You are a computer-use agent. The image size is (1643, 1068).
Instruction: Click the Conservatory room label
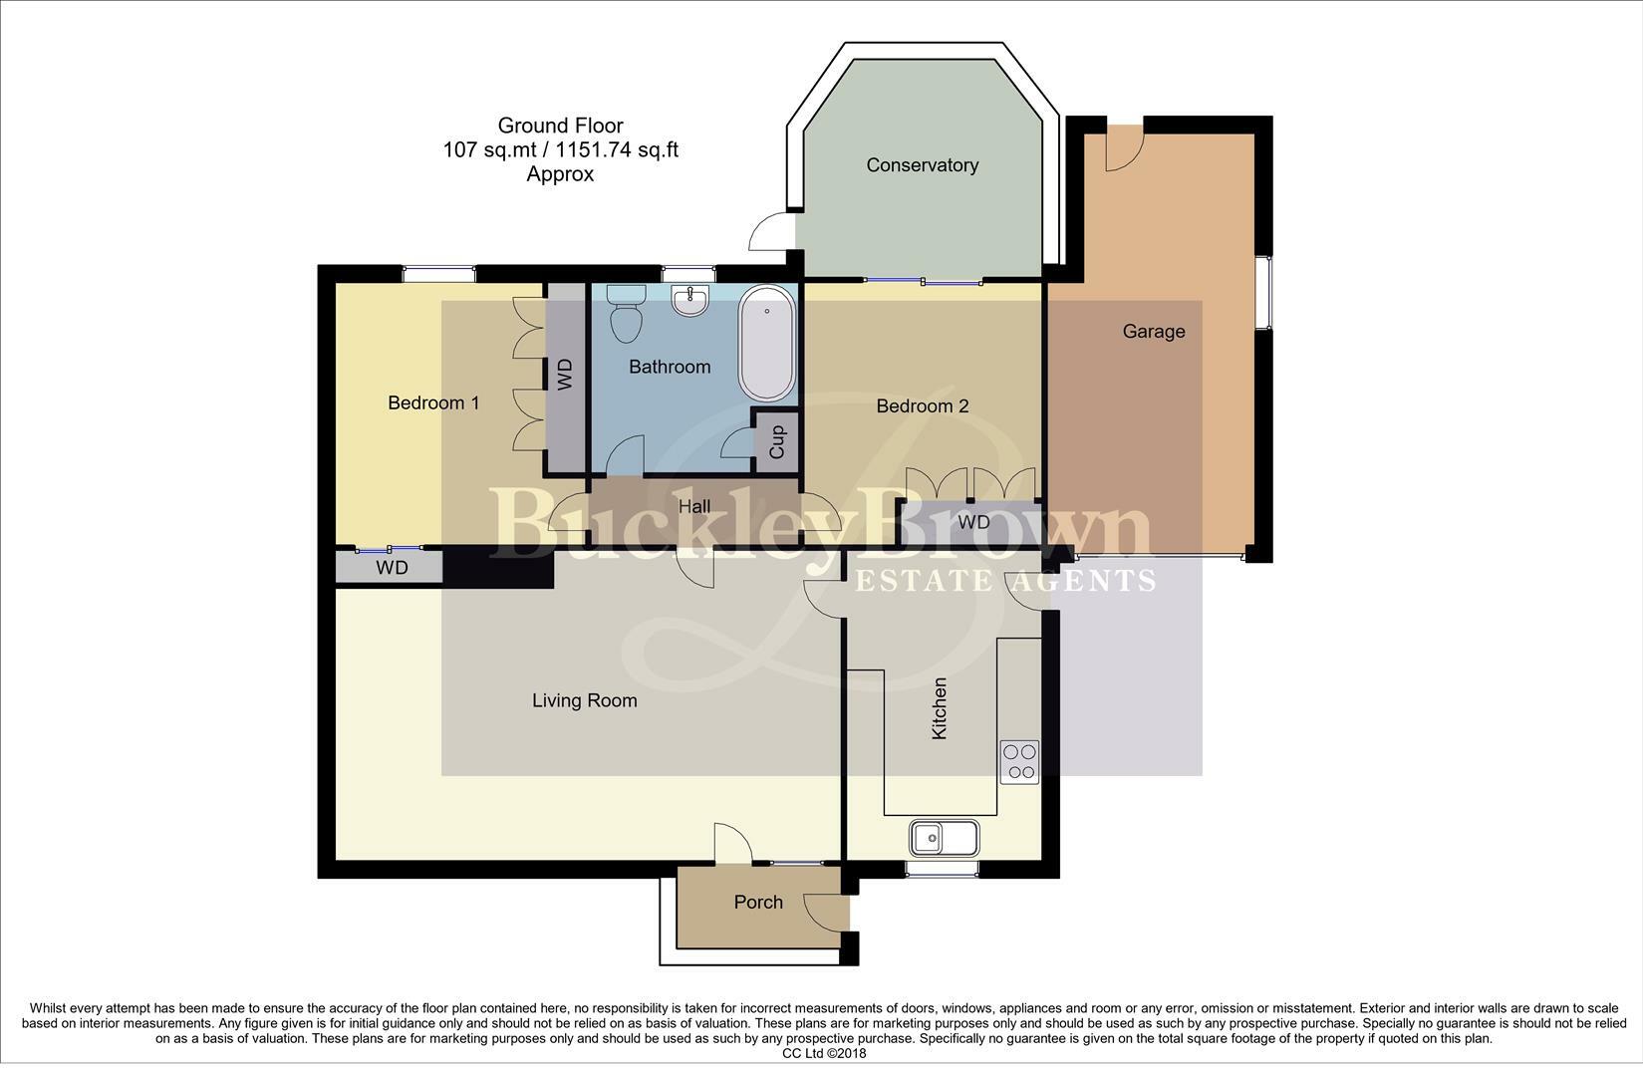coord(922,165)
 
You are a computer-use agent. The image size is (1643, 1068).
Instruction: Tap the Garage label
coord(1154,332)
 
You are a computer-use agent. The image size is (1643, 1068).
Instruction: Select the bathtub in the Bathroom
coord(766,343)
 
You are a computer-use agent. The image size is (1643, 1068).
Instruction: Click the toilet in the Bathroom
coord(627,312)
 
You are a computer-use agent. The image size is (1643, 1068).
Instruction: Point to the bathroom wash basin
coord(690,300)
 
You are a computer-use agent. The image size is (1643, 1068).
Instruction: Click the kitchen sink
coord(944,838)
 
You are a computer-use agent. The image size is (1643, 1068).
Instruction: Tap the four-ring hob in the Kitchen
coord(1019,762)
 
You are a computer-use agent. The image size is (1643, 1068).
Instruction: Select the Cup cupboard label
coord(777,440)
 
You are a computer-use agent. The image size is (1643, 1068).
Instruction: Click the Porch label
coord(758,903)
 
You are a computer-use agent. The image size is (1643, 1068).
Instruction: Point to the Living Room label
coord(584,701)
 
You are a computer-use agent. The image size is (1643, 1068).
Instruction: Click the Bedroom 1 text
coord(433,403)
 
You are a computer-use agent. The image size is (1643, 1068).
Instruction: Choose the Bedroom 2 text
coord(922,406)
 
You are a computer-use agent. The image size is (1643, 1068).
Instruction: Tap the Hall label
coord(694,507)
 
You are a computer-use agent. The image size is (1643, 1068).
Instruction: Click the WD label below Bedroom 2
coord(973,523)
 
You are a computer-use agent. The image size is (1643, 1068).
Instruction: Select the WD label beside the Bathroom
coord(565,375)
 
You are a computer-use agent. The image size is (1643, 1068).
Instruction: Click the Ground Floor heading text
coord(560,126)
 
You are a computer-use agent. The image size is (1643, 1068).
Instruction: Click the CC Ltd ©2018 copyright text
coord(824,1053)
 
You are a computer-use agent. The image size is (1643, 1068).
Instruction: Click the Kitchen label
coord(939,708)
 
